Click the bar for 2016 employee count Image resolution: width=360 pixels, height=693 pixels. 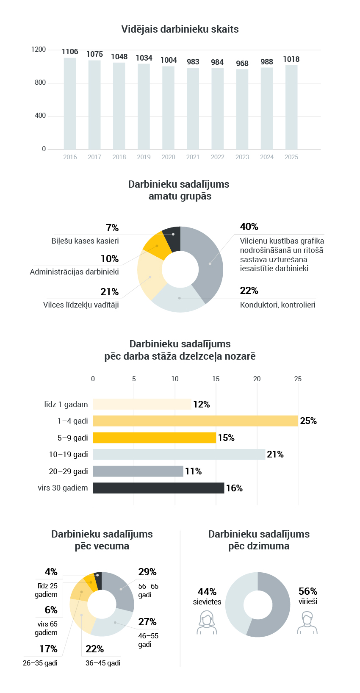pos(70,103)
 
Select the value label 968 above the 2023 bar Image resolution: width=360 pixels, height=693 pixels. pos(242,64)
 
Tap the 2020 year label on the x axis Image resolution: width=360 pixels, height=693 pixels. pos(168,157)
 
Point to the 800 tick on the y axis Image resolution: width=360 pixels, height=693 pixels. pos(40,83)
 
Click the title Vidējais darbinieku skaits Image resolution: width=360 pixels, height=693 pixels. pos(180,29)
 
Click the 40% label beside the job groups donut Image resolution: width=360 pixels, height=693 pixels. pos(249,227)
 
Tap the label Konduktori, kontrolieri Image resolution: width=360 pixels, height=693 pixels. pos(277,305)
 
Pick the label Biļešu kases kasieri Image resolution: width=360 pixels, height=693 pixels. pos(85,241)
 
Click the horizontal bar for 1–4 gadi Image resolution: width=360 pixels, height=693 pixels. pos(195,421)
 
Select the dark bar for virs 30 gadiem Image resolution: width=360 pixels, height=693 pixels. pos(158,488)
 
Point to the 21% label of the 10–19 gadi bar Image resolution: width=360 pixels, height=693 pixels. pos(275,455)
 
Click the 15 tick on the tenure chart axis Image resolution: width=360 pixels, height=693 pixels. pos(216,379)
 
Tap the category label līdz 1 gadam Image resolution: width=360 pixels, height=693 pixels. pos(66,405)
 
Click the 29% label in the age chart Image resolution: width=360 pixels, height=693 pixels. pos(147,572)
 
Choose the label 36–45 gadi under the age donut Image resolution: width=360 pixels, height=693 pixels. pos(103,663)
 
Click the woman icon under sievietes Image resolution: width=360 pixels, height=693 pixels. pos(207,623)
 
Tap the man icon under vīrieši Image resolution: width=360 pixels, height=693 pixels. pos(307,623)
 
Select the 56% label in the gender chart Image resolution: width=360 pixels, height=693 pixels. pos(308,591)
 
